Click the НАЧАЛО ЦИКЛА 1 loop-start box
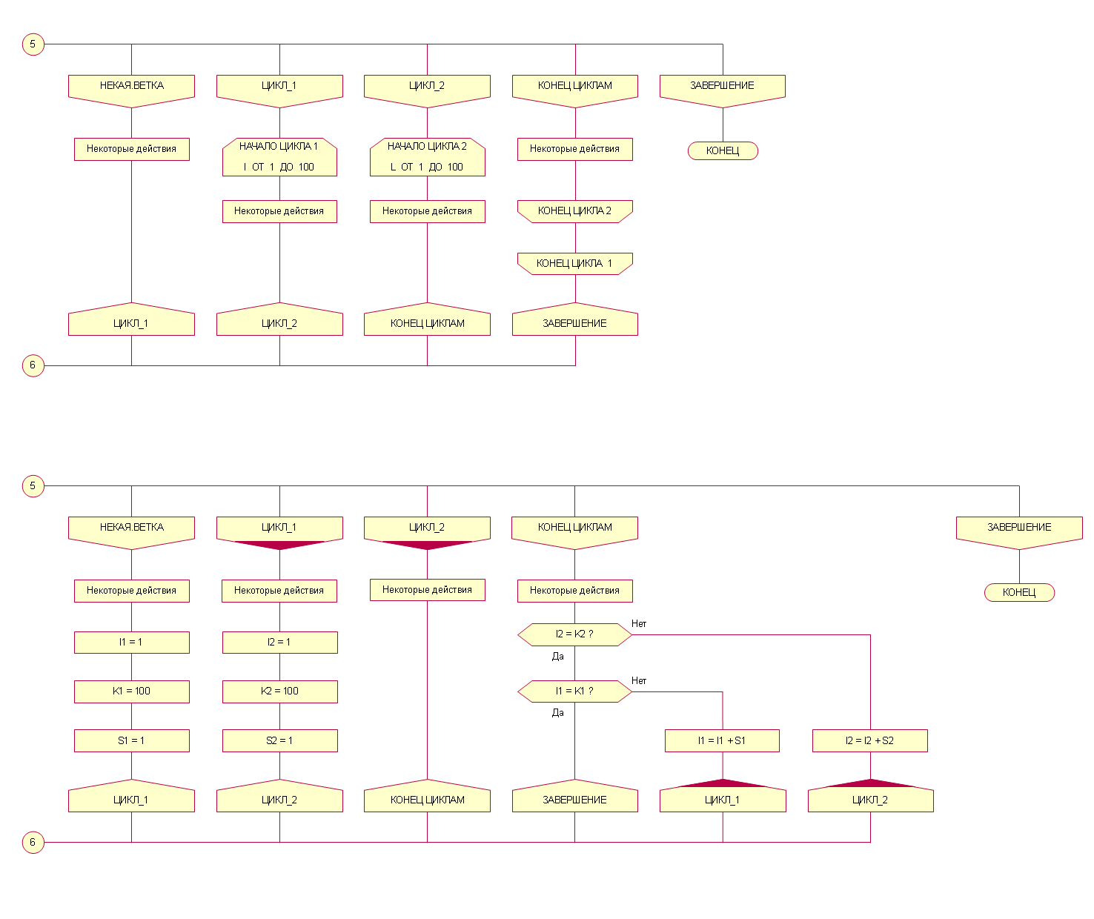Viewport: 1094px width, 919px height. click(279, 157)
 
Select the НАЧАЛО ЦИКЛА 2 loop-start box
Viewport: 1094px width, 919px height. click(427, 157)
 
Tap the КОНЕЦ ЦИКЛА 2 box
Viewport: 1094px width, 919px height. click(575, 211)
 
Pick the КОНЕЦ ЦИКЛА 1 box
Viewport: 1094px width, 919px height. click(575, 263)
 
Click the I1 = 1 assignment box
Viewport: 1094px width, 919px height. click(131, 642)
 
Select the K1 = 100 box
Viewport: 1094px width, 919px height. click(131, 691)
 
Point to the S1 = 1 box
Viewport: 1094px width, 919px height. click(131, 740)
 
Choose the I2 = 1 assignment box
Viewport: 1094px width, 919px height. click(279, 642)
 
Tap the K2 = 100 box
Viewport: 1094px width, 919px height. click(279, 691)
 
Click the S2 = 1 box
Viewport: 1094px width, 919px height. click(279, 740)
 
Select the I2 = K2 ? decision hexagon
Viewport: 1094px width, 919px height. click(574, 634)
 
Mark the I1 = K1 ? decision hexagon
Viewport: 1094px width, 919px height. click(574, 691)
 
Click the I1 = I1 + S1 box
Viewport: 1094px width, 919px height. click(722, 740)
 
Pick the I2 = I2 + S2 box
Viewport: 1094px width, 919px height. click(869, 740)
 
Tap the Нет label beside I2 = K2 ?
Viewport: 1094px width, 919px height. click(639, 624)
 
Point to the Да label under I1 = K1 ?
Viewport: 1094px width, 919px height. click(558, 713)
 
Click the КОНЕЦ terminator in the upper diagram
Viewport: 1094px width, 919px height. click(723, 151)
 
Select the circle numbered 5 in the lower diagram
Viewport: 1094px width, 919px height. click(33, 486)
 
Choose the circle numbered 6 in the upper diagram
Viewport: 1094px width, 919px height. click(33, 365)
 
